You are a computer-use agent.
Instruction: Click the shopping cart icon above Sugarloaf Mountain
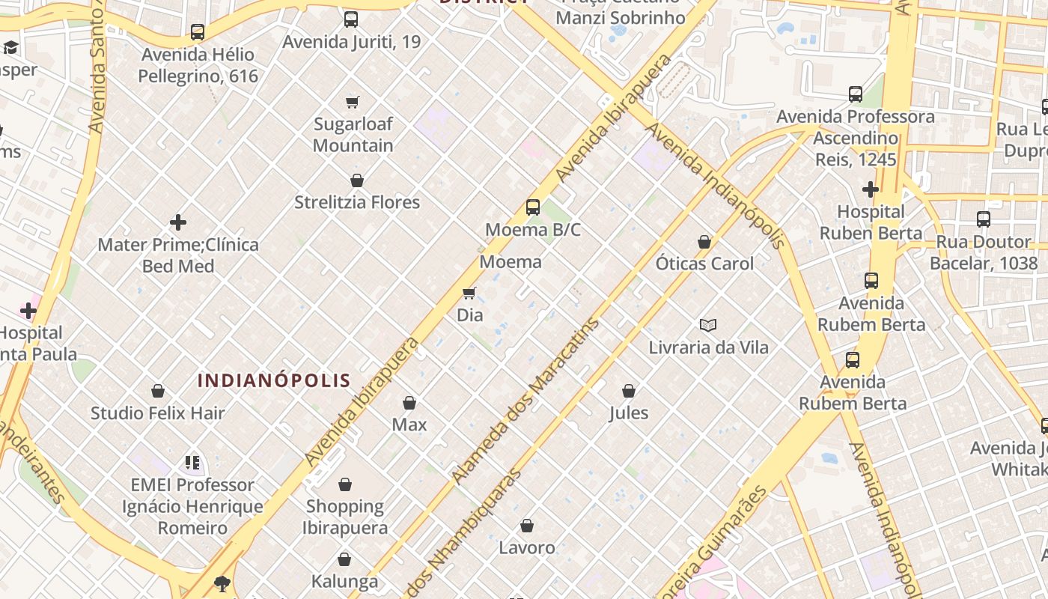click(352, 102)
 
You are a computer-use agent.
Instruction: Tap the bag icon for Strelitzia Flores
click(357, 180)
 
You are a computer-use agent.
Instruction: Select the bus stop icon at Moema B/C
click(533, 207)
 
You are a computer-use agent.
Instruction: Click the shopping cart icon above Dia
click(469, 293)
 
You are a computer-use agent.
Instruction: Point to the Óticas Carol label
click(704, 264)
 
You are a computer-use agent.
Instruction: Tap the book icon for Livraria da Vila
click(708, 325)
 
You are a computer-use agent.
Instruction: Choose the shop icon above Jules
click(629, 391)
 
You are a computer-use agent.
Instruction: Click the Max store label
click(409, 425)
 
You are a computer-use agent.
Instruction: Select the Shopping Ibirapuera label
click(345, 517)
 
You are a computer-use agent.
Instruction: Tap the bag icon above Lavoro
click(527, 526)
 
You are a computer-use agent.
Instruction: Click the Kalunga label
click(344, 581)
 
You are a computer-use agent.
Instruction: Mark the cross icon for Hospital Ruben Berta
click(870, 189)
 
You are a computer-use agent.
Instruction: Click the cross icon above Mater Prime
click(178, 222)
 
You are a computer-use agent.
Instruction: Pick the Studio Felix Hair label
click(158, 413)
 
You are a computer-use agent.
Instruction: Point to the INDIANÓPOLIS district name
click(274, 380)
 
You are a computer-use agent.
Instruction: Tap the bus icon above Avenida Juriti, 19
click(351, 19)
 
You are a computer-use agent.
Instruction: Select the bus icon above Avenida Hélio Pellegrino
click(198, 32)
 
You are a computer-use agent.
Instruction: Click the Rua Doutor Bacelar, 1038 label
click(984, 252)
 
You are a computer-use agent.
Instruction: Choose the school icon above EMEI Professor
click(192, 463)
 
